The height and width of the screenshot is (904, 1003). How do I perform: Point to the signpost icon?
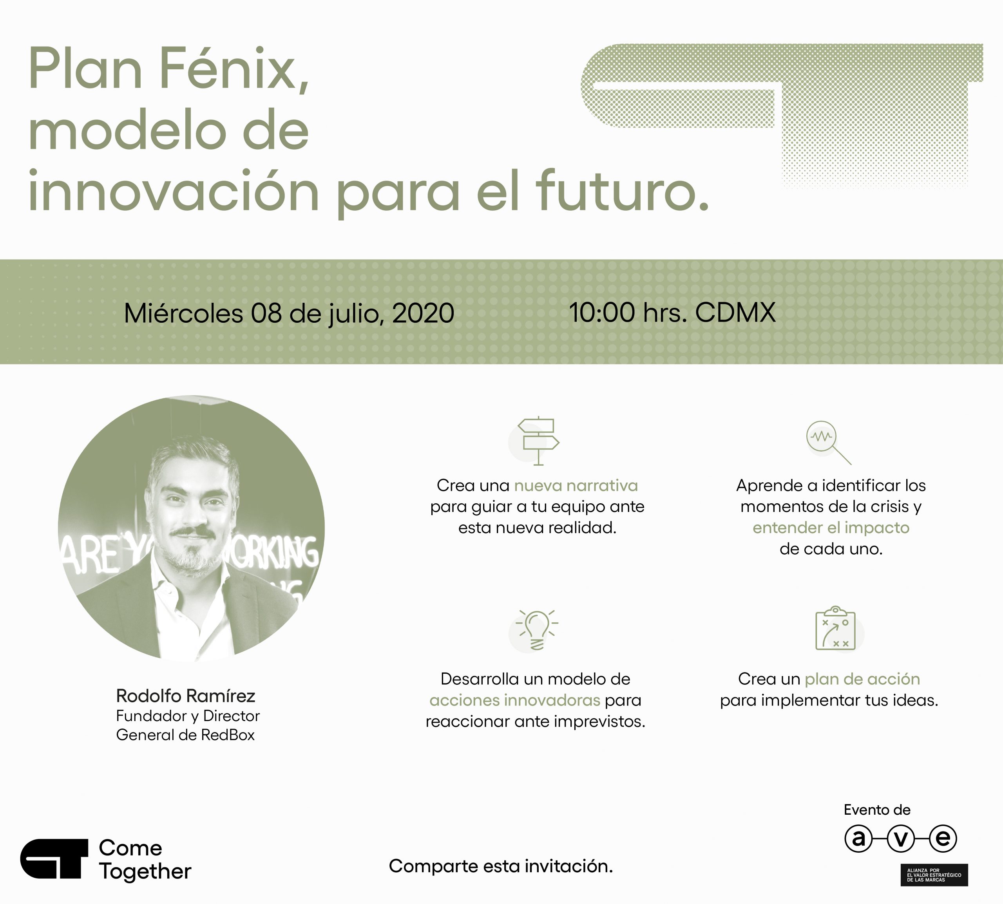click(538, 441)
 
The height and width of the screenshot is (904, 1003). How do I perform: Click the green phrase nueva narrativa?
click(576, 485)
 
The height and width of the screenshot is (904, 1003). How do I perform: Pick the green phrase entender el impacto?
click(831, 528)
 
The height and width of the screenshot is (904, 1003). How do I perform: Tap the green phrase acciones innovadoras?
click(515, 700)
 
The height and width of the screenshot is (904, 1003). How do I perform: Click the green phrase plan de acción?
click(862, 679)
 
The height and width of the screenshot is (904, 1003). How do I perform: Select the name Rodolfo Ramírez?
click(185, 696)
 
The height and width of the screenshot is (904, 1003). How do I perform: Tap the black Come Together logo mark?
click(54, 859)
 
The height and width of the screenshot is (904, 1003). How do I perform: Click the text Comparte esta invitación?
click(501, 866)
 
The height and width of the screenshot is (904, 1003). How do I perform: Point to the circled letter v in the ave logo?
click(901, 839)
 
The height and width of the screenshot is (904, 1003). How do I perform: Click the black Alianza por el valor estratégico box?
click(934, 875)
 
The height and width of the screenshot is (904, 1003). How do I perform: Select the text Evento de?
click(877, 810)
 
